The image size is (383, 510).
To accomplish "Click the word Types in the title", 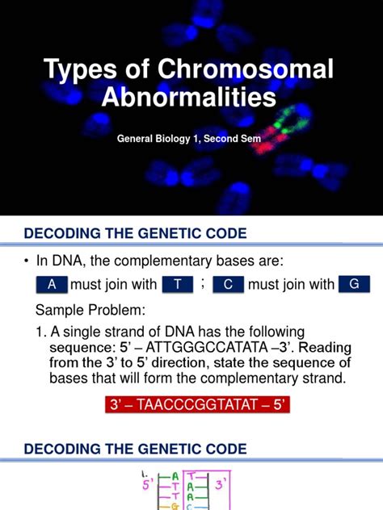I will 79,69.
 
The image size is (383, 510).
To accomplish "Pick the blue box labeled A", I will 53,285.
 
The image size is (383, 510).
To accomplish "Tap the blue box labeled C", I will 228,285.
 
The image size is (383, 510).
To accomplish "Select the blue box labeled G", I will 353,285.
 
